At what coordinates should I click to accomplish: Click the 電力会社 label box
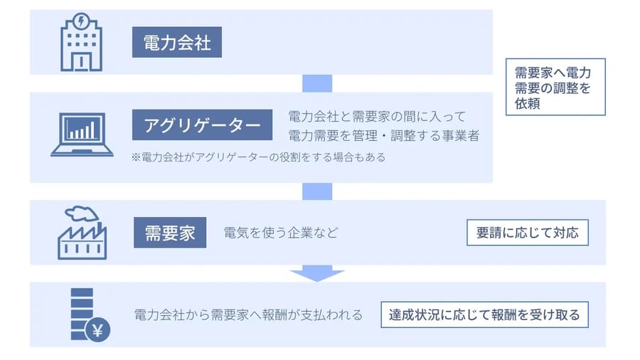(176, 43)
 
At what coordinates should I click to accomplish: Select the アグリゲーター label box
(203, 125)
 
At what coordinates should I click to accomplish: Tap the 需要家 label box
(170, 233)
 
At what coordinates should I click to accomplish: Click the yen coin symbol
(97, 329)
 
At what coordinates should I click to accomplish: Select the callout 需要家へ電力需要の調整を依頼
(555, 87)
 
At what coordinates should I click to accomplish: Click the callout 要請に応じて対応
(527, 233)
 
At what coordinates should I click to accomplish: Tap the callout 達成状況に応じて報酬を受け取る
(484, 314)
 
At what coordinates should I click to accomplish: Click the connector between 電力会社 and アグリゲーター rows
(317, 83)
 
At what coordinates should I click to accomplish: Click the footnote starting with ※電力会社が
(258, 157)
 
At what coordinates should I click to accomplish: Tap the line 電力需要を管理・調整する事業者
(383, 134)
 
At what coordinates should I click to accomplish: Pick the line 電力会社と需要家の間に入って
(377, 116)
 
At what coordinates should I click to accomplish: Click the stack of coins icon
(82, 313)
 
